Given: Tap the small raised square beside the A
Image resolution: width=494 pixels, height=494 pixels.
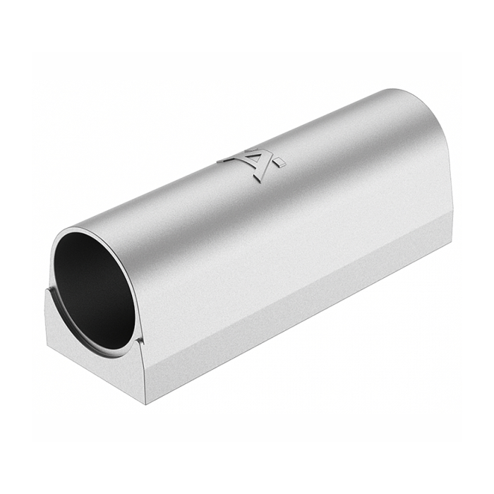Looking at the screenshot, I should tap(281, 164).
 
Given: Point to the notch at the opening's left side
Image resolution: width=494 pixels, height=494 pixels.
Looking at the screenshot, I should tap(51, 289).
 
